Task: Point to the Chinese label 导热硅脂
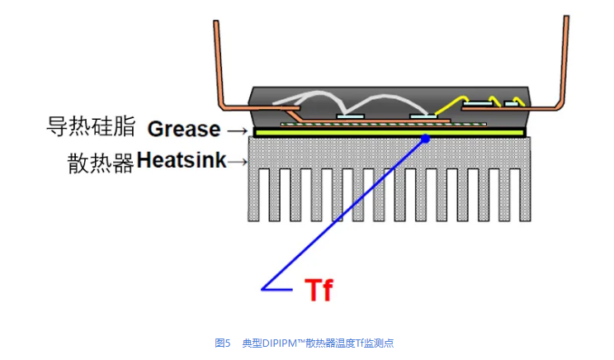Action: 92,128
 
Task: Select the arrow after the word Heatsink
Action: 238,161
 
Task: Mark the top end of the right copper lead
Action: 567,18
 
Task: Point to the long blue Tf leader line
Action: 347,211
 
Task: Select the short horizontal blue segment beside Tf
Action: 277,288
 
